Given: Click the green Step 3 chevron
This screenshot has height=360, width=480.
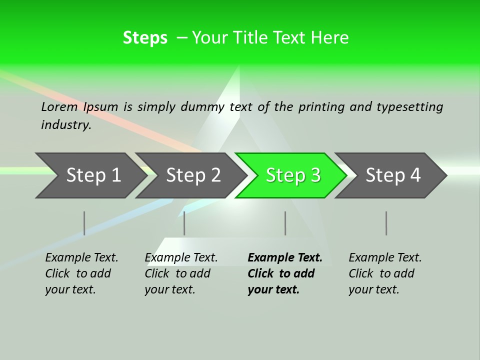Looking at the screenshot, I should (x=292, y=175).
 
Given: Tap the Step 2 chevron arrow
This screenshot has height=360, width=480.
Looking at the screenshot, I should (x=193, y=175).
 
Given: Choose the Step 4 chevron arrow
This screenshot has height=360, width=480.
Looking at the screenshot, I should (x=393, y=175).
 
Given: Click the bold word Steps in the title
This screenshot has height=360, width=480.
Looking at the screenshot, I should (x=145, y=37).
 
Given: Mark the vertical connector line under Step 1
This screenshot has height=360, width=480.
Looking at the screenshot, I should (x=84, y=223).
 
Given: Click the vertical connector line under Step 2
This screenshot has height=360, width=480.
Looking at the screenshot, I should (x=184, y=223).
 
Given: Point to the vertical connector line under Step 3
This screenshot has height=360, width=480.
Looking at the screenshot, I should (x=285, y=223).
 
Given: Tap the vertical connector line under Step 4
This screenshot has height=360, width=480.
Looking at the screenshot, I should (x=386, y=223).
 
